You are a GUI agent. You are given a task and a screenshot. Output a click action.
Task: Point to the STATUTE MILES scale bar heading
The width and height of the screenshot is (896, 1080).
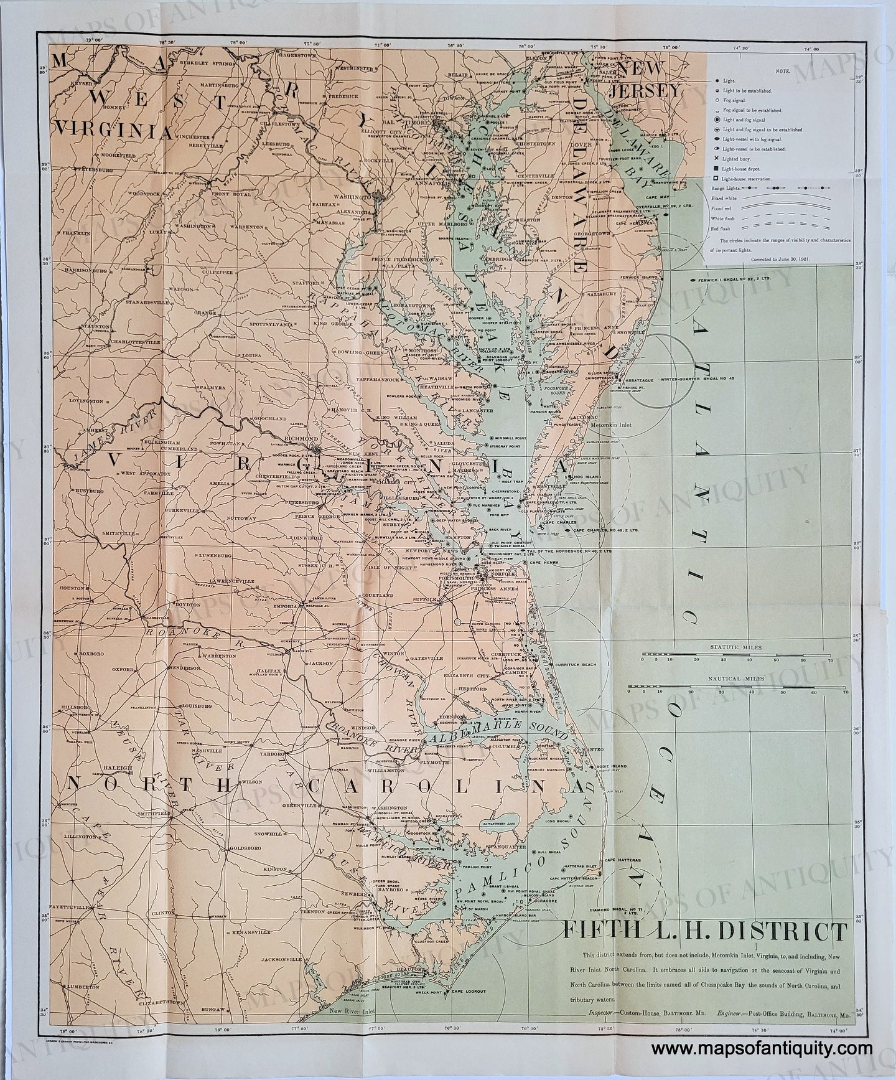737,648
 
